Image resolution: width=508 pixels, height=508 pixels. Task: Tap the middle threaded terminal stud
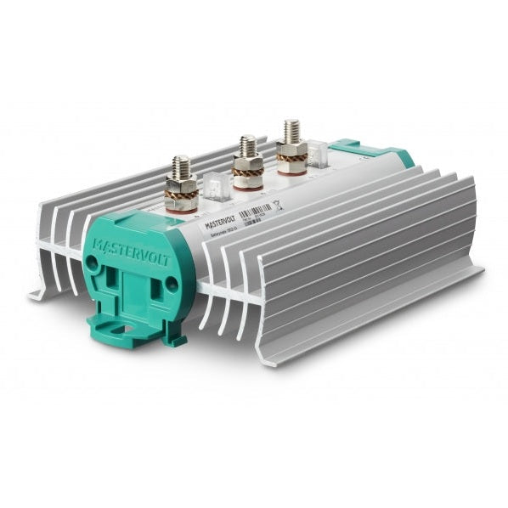point(246,146)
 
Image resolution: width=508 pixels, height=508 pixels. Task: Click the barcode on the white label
point(254,210)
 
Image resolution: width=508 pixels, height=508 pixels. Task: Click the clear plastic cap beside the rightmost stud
point(320,153)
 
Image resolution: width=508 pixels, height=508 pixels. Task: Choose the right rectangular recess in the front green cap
point(158,292)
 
